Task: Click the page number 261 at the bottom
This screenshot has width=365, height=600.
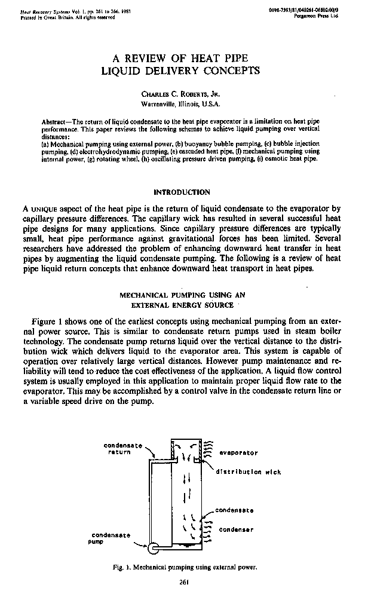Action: tap(183, 581)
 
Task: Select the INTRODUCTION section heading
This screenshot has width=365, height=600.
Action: tap(182, 192)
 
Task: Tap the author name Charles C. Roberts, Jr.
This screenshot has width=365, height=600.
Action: tap(182, 94)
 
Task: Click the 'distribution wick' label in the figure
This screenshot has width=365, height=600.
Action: tap(249, 472)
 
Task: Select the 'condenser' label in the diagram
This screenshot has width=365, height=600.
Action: tap(237, 529)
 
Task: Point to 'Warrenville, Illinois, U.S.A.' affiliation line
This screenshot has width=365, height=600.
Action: tap(182, 103)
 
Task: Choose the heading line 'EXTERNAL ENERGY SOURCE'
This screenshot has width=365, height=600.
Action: tap(182, 305)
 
